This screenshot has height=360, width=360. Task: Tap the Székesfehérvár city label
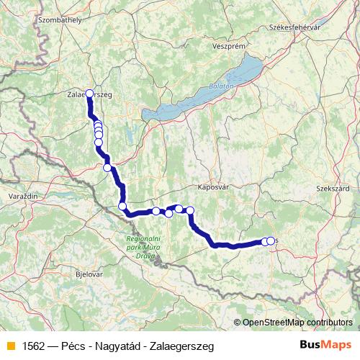coord(293,27)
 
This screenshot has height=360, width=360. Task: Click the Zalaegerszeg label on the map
coord(89,94)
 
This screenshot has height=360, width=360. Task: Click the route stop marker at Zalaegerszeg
coord(90,93)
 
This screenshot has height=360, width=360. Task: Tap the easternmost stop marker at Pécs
coord(271,240)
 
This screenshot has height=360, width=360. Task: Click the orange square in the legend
coord(9,346)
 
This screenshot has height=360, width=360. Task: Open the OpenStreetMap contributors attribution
coord(297,322)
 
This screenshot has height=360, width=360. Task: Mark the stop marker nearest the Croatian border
coord(122,207)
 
